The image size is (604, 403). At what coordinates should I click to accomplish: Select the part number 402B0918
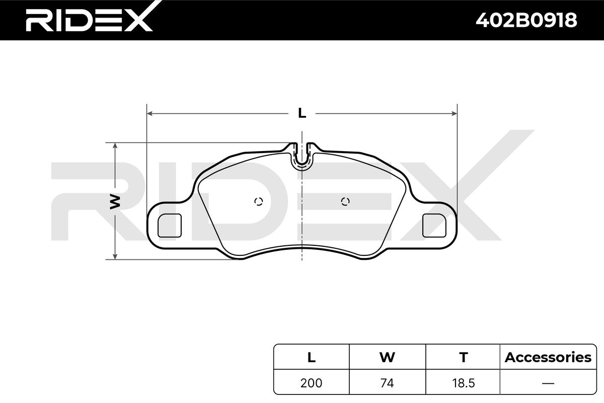(526, 20)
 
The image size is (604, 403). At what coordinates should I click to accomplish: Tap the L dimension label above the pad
(302, 113)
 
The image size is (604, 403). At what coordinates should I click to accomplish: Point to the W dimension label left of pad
(115, 201)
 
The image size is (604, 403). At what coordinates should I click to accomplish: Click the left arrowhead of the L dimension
(149, 113)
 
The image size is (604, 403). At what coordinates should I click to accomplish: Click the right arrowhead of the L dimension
(455, 113)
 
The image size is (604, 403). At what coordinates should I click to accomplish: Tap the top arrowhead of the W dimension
(115, 146)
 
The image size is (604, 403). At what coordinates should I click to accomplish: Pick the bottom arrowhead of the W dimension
(115, 256)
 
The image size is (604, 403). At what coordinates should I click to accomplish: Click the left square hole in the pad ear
(170, 225)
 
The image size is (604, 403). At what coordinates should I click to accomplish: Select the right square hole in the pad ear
(434, 225)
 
